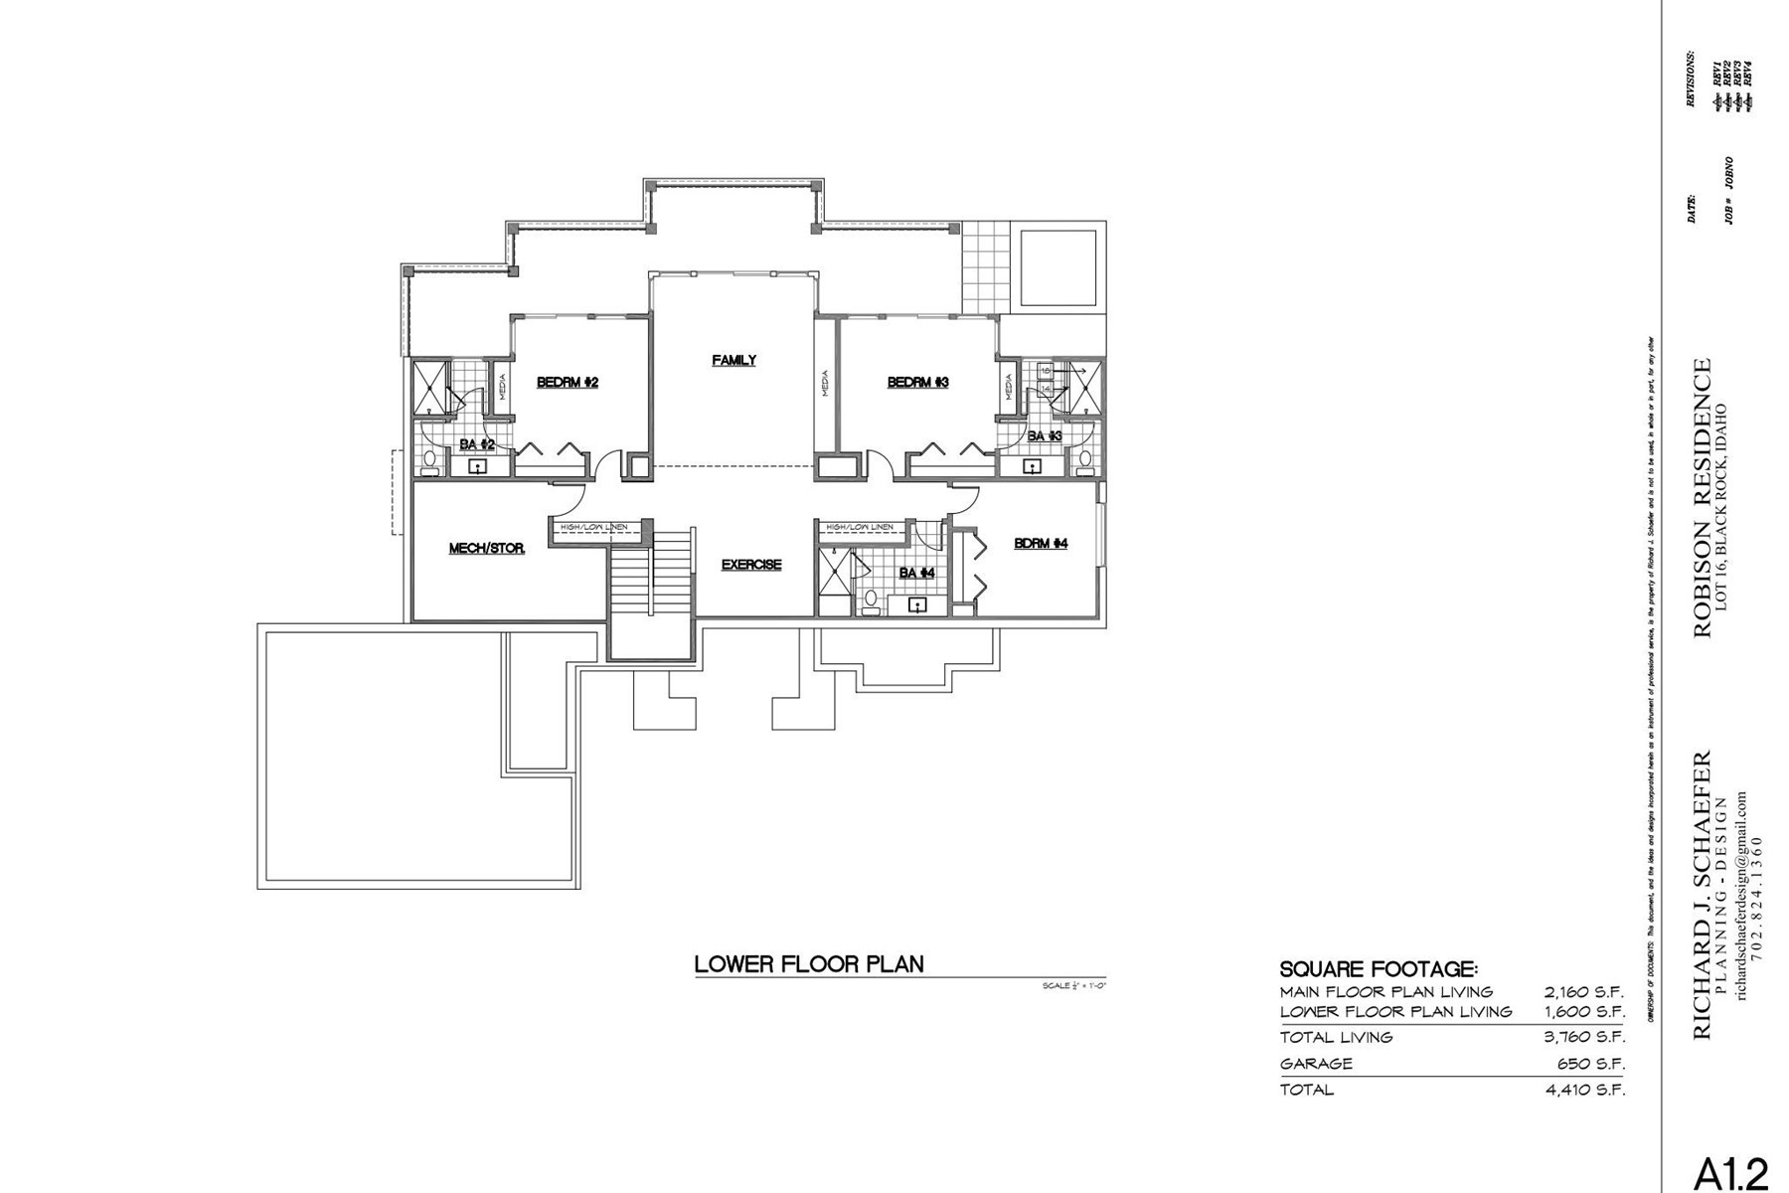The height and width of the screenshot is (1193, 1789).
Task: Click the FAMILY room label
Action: coord(733,360)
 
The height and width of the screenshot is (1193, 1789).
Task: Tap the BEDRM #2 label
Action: coord(567,382)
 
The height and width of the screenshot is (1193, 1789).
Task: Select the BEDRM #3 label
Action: coord(917,382)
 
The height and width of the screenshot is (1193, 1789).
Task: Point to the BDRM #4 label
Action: coord(1041,543)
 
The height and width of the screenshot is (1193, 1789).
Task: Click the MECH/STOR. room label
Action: coord(486,548)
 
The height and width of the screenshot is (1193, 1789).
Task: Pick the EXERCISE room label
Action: coord(750,564)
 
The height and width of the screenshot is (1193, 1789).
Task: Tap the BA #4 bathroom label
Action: coord(916,573)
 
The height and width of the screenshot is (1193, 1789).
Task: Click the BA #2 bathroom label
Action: coord(476,443)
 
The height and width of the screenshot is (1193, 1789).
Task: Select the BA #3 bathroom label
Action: coord(1044,435)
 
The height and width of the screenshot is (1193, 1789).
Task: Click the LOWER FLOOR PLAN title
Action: coord(808,963)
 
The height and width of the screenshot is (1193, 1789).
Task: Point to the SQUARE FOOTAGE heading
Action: coord(1378,968)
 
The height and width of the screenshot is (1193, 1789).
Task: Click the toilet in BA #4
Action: coord(871,598)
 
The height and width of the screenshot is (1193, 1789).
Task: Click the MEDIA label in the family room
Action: coord(825,383)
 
